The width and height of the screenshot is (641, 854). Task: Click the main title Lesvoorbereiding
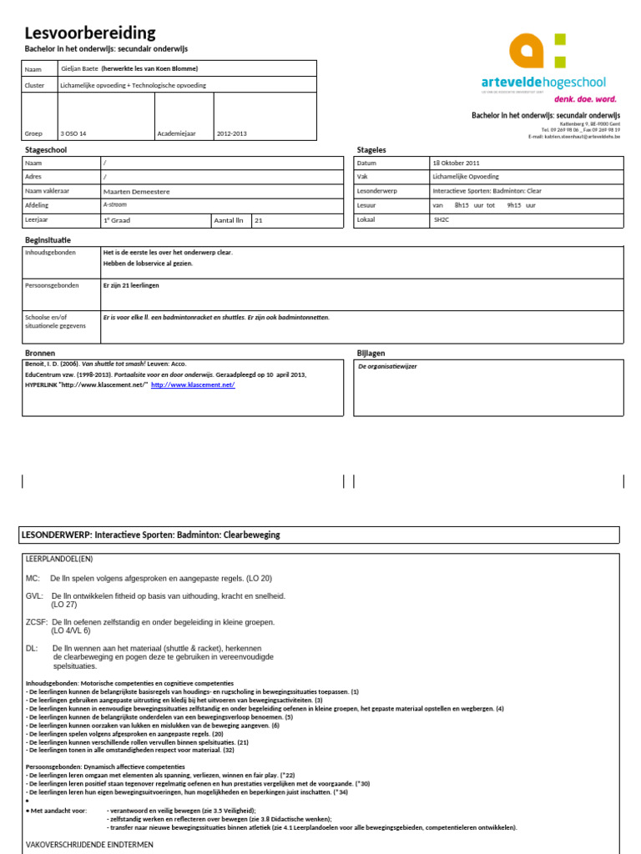coord(90,33)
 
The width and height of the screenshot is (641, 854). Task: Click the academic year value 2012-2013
coord(233,133)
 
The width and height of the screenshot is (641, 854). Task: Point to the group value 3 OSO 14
coord(73,133)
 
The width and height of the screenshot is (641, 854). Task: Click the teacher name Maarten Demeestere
coord(136,191)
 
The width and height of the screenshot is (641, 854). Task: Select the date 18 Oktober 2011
coord(456,163)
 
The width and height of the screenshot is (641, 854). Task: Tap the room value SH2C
coord(441,219)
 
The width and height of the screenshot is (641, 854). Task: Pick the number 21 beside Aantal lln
coord(259,220)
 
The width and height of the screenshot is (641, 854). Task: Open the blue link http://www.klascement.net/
coord(193,385)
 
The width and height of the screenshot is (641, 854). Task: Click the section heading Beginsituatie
coord(48,240)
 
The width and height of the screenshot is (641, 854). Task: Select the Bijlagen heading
coord(371,353)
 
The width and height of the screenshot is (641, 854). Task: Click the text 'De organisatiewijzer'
coord(387,366)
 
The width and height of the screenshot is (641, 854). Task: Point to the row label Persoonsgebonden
coord(52,285)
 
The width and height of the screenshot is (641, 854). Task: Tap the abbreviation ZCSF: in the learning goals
coord(37,622)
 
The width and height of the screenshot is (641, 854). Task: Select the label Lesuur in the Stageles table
coord(366,205)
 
